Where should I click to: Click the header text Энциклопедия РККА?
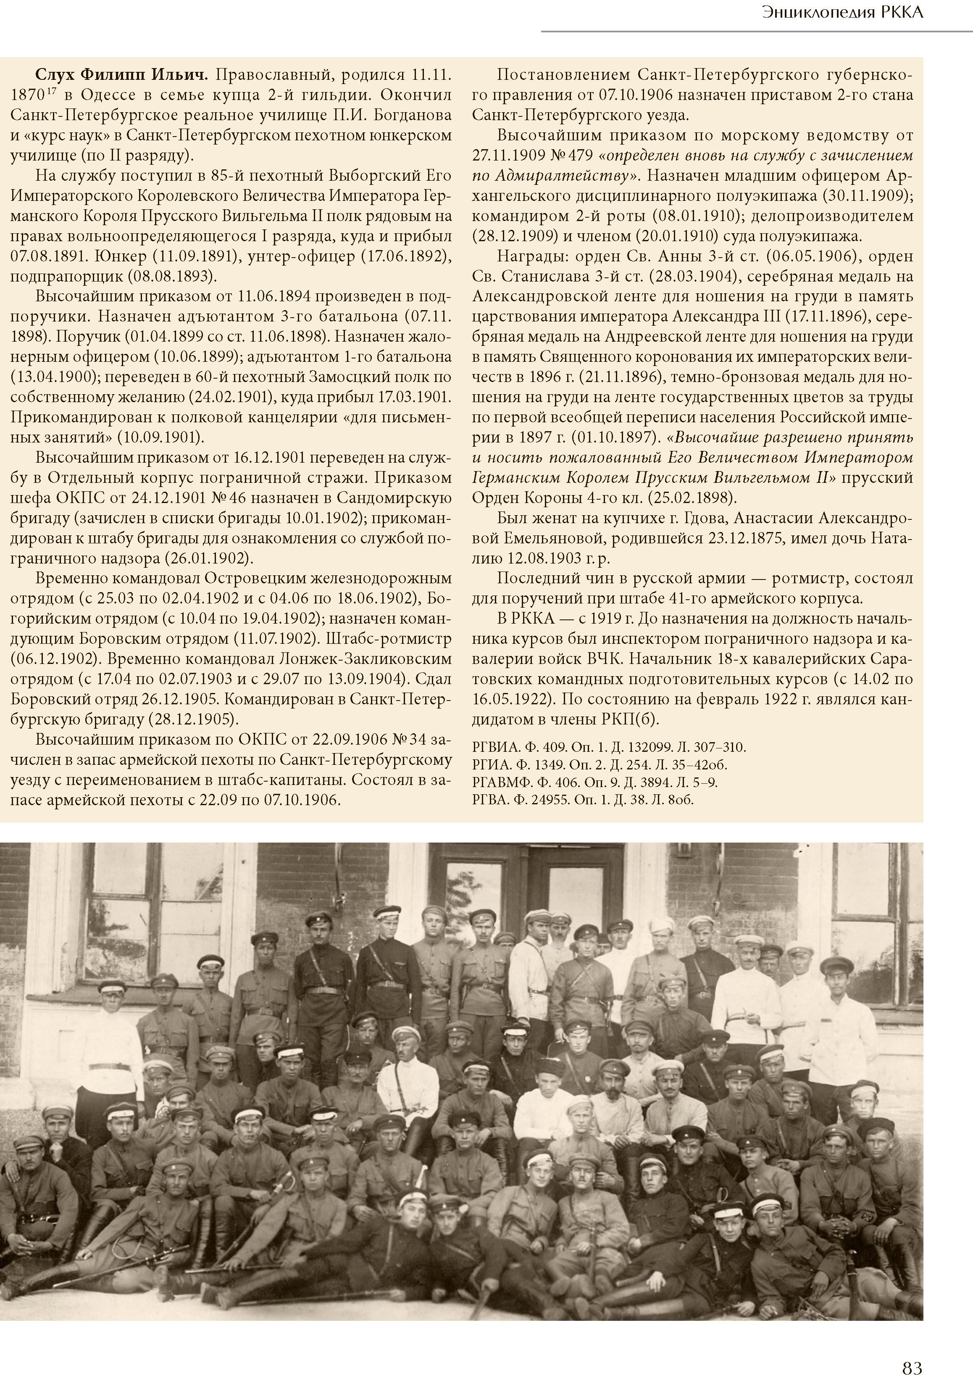pos(842,13)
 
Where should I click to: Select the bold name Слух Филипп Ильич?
pos(122,75)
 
